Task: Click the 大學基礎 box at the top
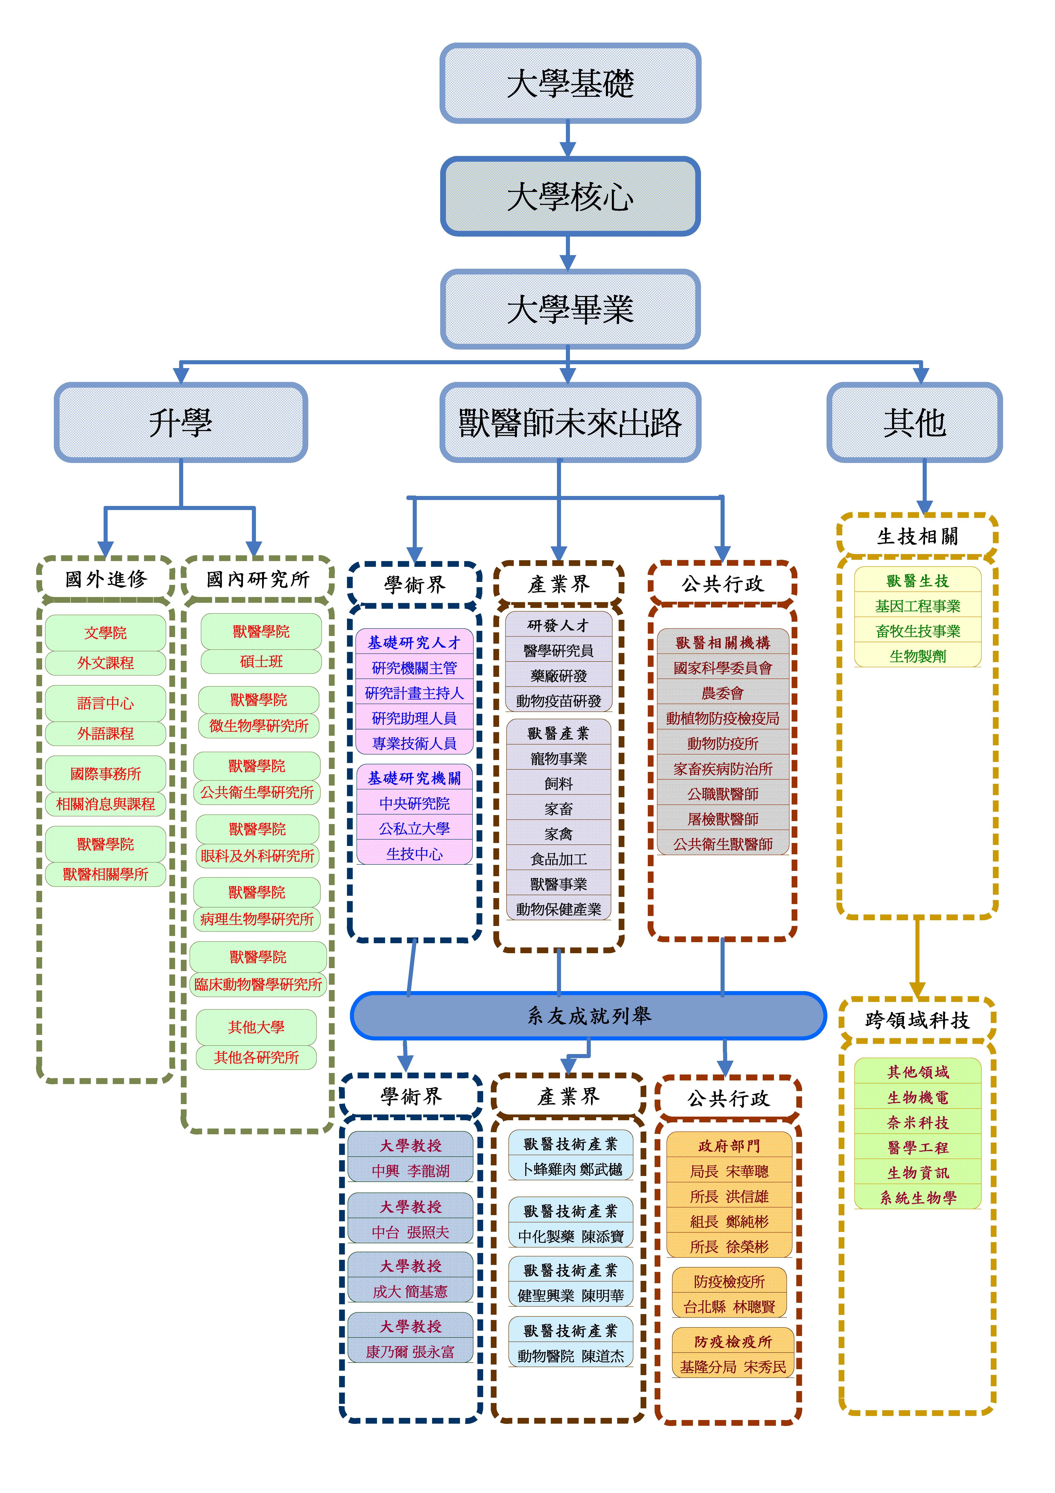click(570, 83)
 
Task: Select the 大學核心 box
click(570, 196)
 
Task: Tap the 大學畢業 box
click(570, 309)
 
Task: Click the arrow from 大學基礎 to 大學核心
click(568, 139)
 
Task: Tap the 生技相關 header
click(917, 536)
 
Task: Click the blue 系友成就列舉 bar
click(588, 1015)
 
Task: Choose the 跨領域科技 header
click(917, 1020)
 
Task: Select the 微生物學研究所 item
click(259, 726)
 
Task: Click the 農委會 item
click(723, 693)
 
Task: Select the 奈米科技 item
click(917, 1122)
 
